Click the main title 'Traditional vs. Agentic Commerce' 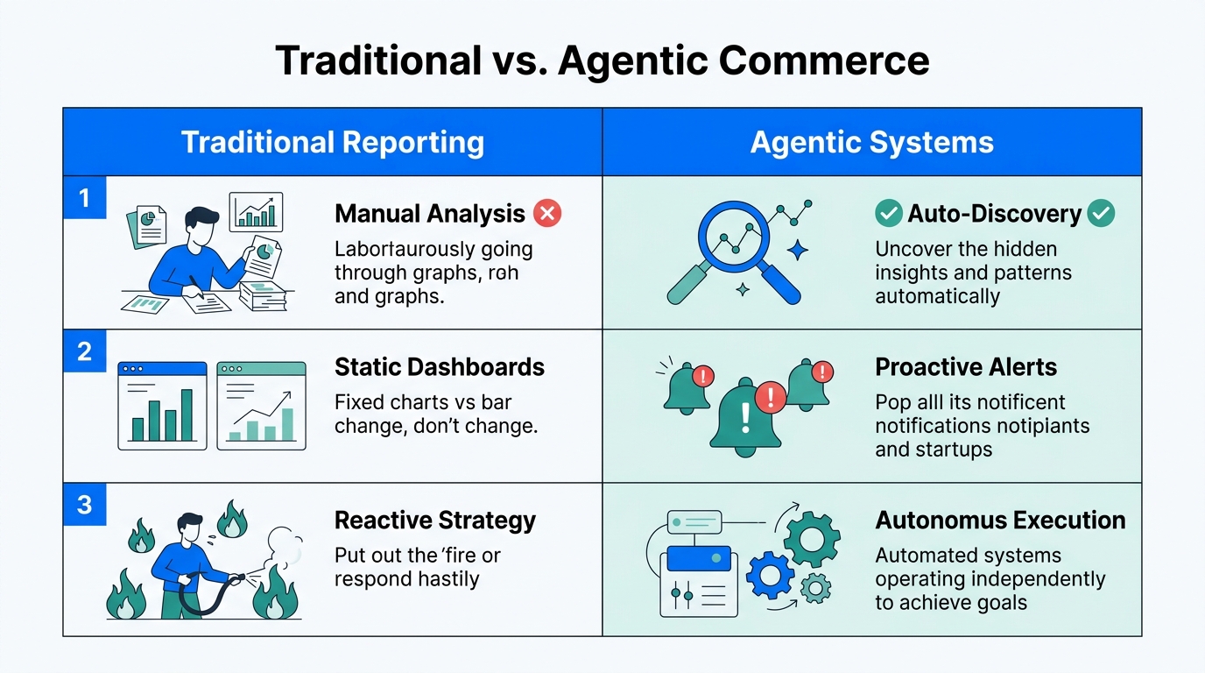point(602,60)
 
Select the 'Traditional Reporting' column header point(332,142)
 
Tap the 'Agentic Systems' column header point(871,142)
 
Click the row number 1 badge point(85,198)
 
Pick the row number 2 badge point(85,351)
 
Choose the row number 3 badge point(85,505)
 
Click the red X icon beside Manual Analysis point(547,213)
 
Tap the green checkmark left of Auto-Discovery point(889,213)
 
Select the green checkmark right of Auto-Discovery point(1101,213)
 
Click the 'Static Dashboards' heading point(439,366)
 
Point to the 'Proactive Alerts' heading point(966,366)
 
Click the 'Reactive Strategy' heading point(434,520)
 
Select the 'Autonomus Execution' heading point(1000,520)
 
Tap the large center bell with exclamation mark point(745,417)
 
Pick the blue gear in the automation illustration point(770,576)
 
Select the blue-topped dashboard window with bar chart point(162,406)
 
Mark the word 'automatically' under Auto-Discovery point(937,296)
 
